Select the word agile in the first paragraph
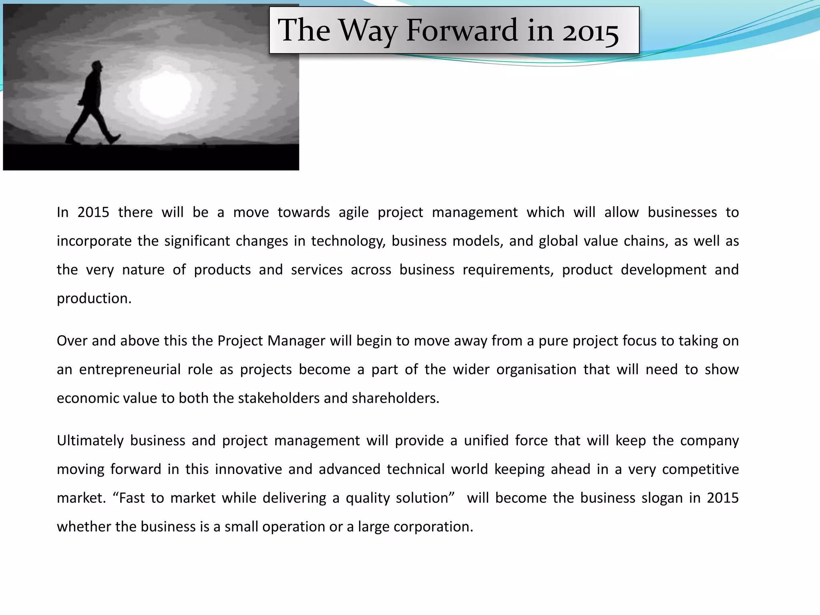coord(354,212)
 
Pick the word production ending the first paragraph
coord(94,299)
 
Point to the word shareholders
coord(395,398)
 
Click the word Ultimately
coord(90,441)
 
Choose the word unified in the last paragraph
coord(486,441)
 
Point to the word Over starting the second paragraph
coord(72,341)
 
